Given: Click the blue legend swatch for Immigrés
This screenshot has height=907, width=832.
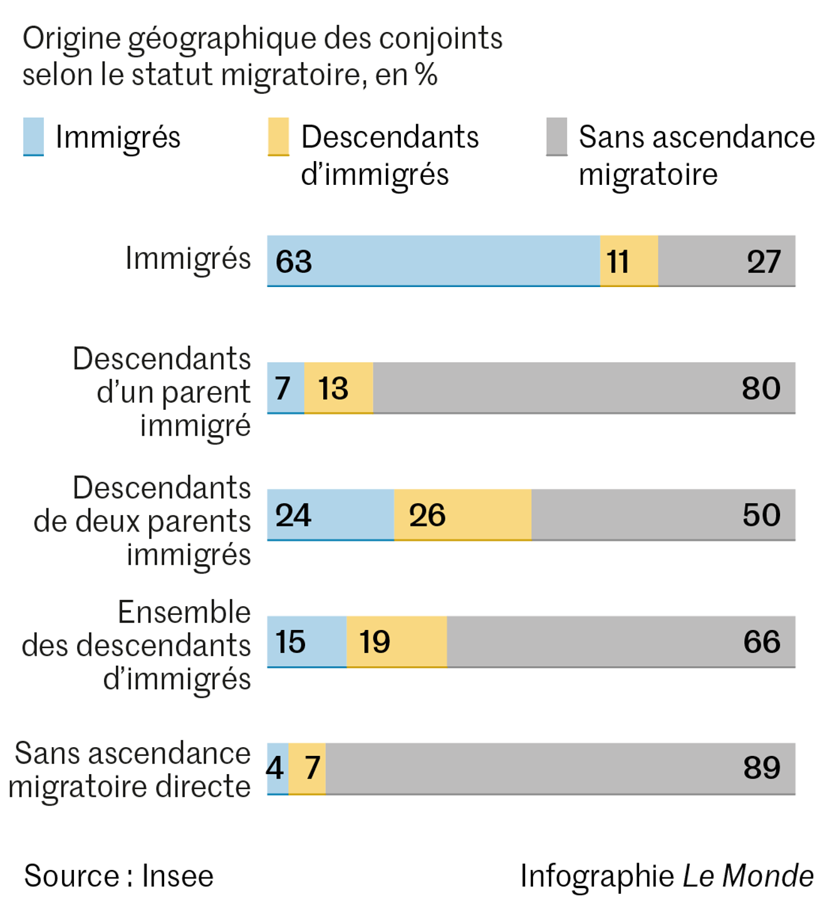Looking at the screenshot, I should (33, 136).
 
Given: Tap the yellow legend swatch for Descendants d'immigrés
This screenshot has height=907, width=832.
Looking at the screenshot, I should (278, 136).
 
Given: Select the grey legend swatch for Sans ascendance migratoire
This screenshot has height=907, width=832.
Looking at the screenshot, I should (556, 136).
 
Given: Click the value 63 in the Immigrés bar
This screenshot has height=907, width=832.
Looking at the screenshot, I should (294, 261).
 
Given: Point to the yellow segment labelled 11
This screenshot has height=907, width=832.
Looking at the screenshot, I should (628, 261).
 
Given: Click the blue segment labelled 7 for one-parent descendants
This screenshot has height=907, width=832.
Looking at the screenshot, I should (285, 388).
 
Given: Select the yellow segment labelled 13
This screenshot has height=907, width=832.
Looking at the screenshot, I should (338, 388).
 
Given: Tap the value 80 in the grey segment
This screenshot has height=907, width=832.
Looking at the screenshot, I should (761, 388).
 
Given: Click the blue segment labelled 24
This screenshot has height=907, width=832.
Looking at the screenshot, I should (330, 515).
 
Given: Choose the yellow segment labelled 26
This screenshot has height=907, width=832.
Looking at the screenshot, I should (462, 515).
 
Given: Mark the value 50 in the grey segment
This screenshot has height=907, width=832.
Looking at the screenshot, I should (761, 515).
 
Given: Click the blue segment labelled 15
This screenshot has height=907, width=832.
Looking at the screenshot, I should (306, 642).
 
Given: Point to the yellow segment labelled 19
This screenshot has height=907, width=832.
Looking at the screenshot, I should (397, 642).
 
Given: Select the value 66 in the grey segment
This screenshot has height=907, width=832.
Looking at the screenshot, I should (761, 642).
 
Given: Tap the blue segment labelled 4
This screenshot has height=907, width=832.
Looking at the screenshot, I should (277, 768).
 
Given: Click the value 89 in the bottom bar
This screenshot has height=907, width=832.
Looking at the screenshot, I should (761, 768).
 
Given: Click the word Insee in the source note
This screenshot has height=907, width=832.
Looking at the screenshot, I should (177, 876).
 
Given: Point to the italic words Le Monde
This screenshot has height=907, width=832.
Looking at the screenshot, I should (747, 876).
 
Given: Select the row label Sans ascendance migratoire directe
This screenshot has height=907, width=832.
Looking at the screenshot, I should (130, 770).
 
